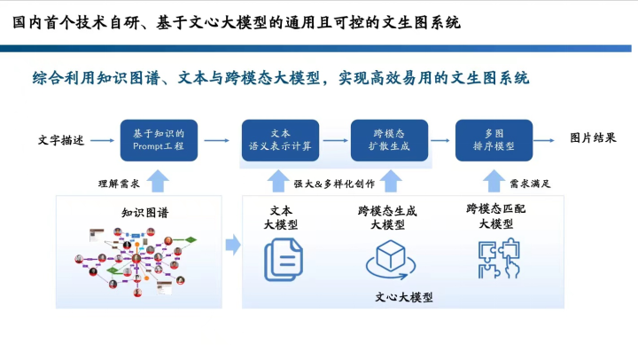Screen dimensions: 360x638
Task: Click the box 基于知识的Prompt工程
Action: tap(159, 139)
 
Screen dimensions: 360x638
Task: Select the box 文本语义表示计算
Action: tap(281, 139)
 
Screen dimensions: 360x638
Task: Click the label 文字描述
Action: tap(61, 140)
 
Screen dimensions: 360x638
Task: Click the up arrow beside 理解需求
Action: tap(158, 182)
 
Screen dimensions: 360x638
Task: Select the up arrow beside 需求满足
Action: tap(494, 182)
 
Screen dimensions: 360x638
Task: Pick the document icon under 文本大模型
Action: tap(282, 260)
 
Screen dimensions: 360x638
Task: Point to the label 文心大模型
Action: tap(404, 297)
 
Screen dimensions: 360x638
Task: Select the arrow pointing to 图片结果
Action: tap(550, 139)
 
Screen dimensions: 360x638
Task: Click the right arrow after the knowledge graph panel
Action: tap(232, 243)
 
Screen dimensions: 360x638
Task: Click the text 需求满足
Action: tap(531, 184)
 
